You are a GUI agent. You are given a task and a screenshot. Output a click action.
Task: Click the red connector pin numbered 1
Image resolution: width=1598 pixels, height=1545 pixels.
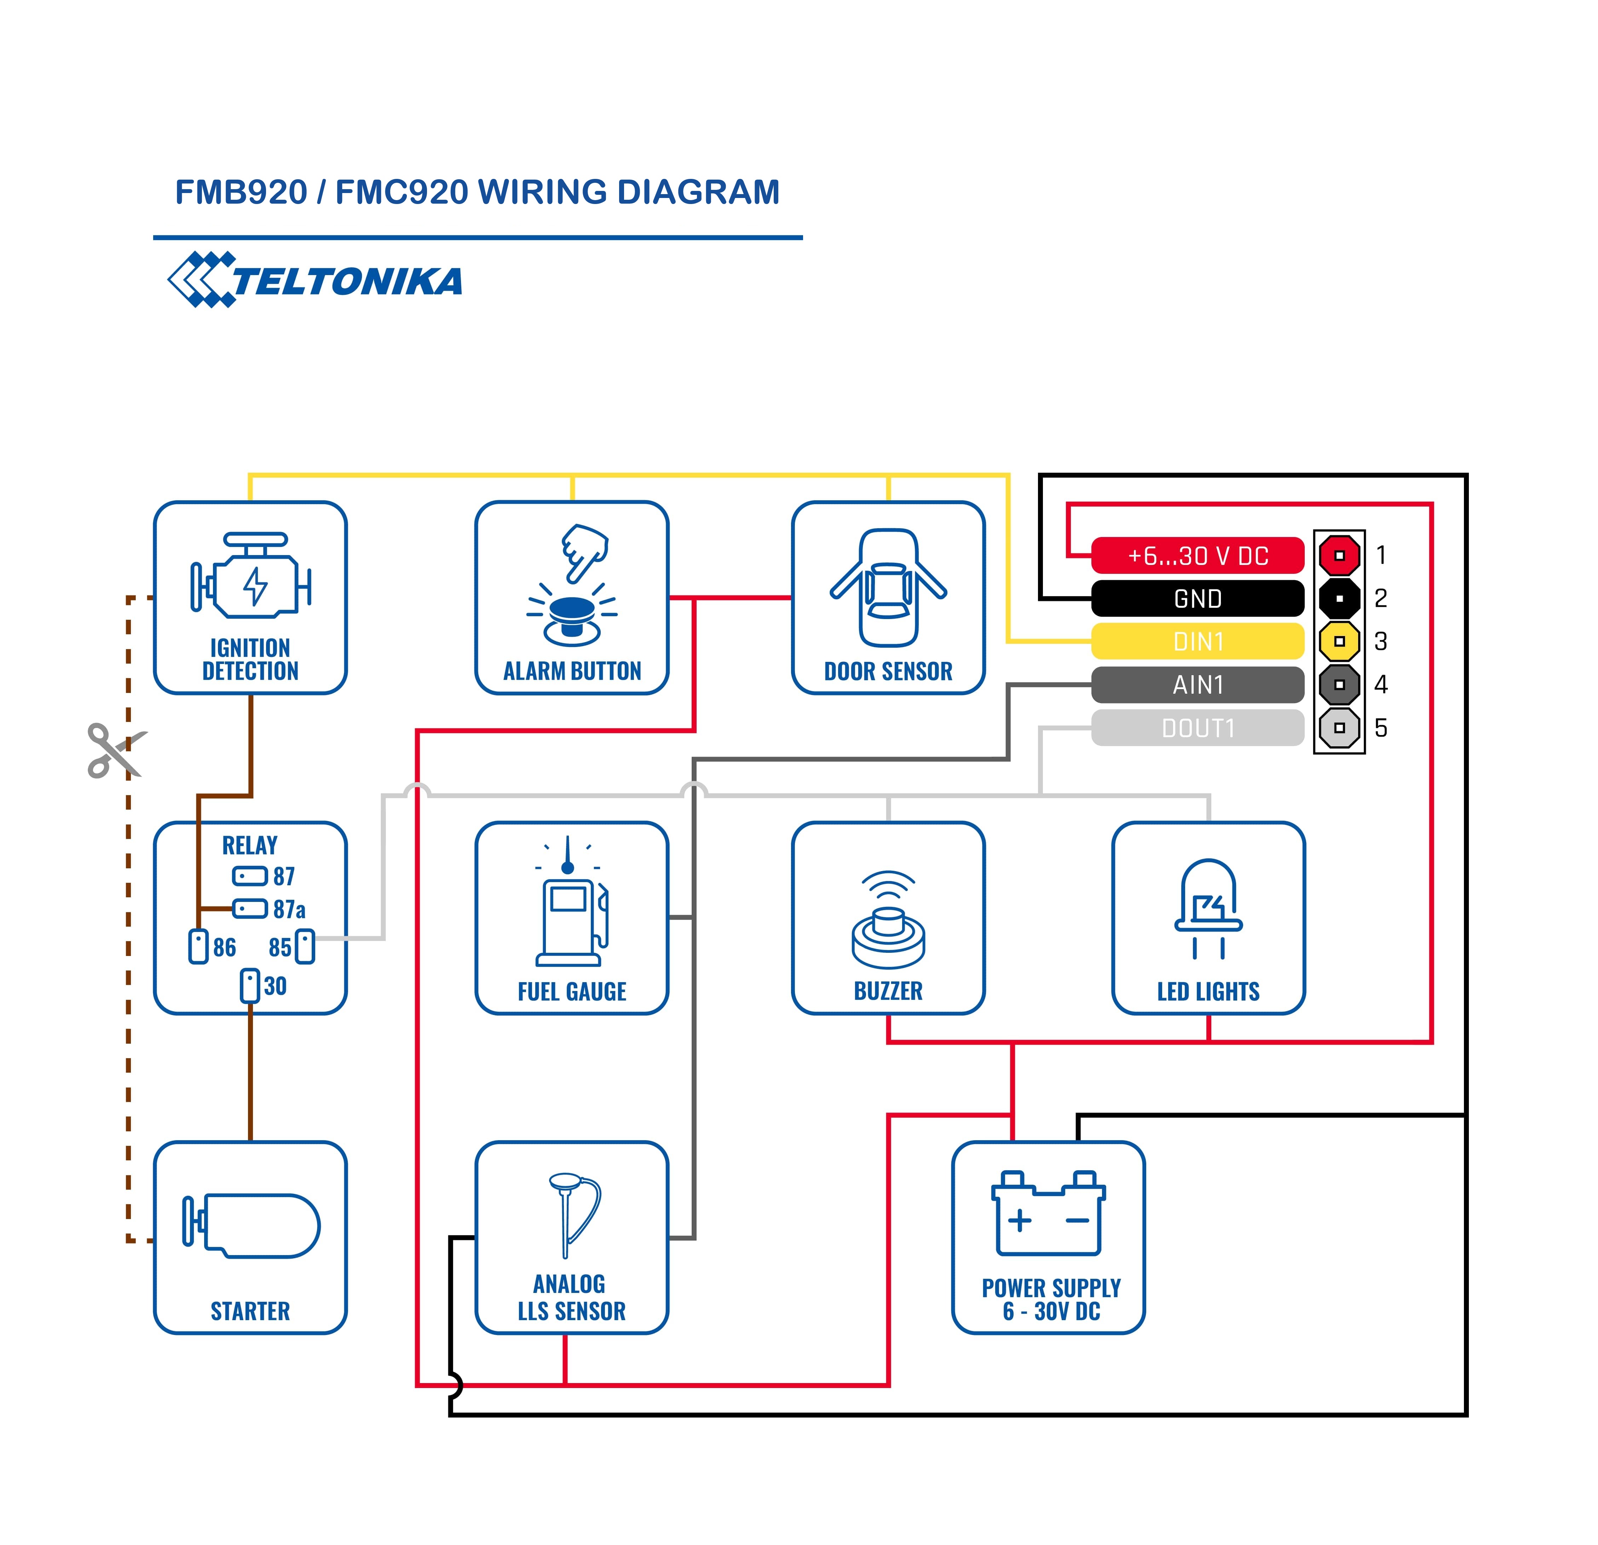coord(1339,556)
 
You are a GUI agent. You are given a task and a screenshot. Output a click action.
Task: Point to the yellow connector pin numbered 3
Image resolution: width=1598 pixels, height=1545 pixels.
coord(1339,642)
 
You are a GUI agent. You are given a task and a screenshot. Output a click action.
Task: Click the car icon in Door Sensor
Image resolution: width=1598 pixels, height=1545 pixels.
coord(889,588)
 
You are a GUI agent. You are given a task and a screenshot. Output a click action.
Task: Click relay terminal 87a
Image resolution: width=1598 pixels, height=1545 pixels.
coord(250,909)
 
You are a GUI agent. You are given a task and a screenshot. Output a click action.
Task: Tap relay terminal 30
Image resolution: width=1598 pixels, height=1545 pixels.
coord(250,986)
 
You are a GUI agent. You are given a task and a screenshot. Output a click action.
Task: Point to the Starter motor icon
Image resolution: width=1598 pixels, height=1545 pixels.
coord(251,1226)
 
